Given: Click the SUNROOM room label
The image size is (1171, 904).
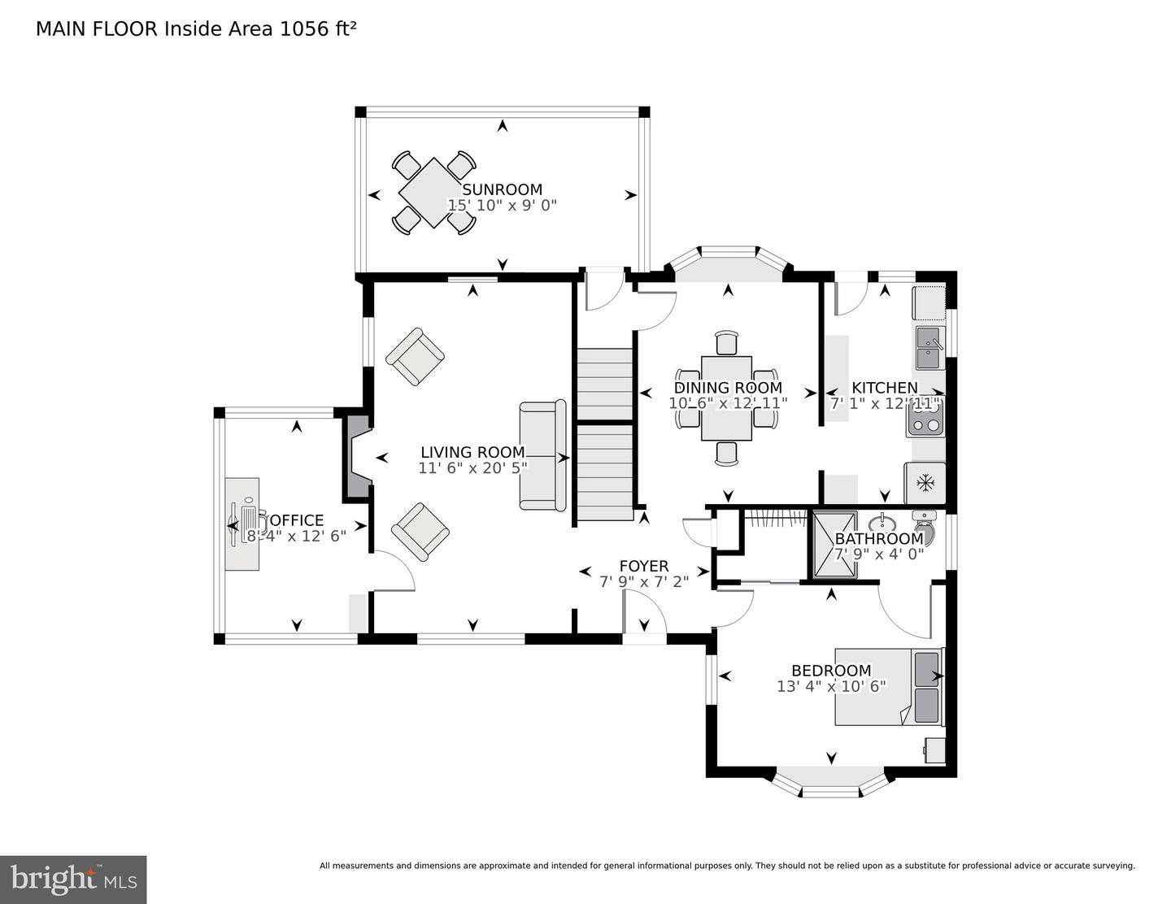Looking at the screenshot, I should [x=502, y=190].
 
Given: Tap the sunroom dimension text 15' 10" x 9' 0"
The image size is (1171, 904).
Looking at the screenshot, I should [x=502, y=206].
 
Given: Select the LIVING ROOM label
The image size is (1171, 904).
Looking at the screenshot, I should [x=472, y=452].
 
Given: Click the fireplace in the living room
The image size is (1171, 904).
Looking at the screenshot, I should [x=357, y=458].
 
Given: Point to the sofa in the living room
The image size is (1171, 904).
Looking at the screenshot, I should [x=542, y=455].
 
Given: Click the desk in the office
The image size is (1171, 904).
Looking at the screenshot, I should [x=242, y=524].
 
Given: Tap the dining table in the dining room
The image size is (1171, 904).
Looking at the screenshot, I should [x=726, y=398].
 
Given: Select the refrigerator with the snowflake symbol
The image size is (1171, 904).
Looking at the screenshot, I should [x=925, y=483].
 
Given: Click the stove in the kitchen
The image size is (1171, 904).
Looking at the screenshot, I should [x=925, y=416].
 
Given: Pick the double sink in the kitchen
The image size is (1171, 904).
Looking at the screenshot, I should [x=929, y=347].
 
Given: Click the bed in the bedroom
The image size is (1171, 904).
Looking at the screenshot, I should [x=888, y=686].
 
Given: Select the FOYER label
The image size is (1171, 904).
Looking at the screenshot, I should [x=643, y=567].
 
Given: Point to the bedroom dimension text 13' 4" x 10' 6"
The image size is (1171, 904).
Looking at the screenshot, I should [x=831, y=686].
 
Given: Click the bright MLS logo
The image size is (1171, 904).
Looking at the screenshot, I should [x=73, y=880].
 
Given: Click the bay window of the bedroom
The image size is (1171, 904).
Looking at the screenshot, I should [x=830, y=784].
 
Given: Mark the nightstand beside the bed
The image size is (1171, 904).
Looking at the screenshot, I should [x=934, y=750].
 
